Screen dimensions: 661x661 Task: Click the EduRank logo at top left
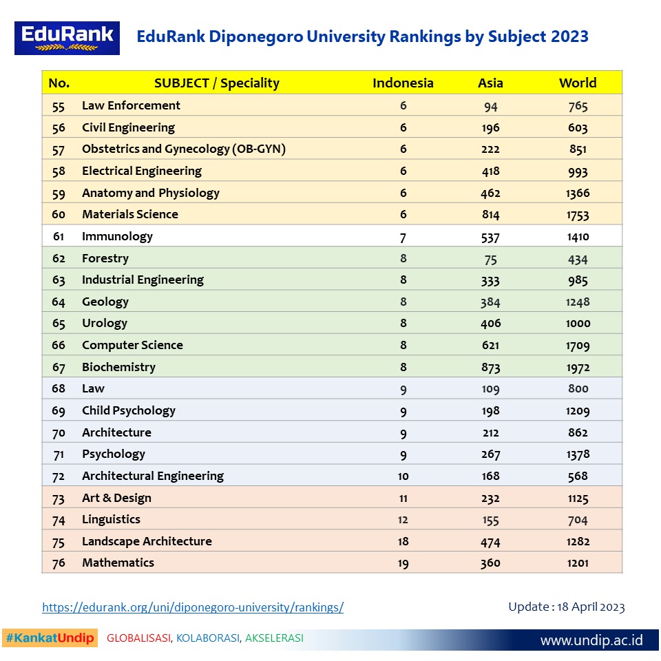[x=67, y=38]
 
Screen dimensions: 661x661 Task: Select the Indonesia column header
[x=403, y=83]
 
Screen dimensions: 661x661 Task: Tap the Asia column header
[x=490, y=83]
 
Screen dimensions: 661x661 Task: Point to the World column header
[x=578, y=83]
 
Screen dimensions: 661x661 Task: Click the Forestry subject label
[x=105, y=258]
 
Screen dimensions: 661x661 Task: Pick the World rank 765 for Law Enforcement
[x=578, y=106]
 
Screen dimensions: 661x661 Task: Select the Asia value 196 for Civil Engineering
[x=490, y=128]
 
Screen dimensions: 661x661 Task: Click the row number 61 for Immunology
[x=59, y=236]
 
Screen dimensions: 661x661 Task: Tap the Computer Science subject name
[x=132, y=345]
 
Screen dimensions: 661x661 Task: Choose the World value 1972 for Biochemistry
[x=578, y=368]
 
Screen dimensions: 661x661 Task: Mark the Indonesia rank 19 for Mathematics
[x=403, y=563]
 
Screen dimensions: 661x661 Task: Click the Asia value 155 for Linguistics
[x=490, y=520]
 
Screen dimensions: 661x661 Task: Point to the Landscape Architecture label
[x=147, y=541]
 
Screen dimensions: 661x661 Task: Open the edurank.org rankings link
[x=193, y=607]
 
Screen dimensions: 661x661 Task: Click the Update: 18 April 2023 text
[x=566, y=607]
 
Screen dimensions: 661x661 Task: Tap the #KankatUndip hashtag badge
[x=50, y=638]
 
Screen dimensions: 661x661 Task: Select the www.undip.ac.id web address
[x=591, y=640]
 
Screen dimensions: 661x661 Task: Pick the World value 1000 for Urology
[x=578, y=324]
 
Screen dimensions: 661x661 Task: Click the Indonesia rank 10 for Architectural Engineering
[x=403, y=476]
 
